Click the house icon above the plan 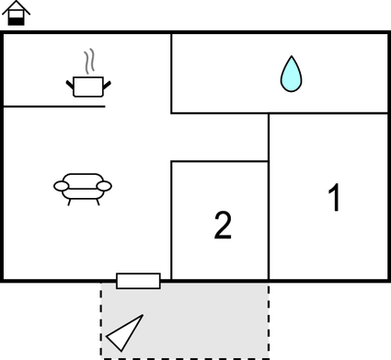coord(17,14)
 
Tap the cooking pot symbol coord(88,87)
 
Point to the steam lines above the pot coord(88,63)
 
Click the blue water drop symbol coord(291,75)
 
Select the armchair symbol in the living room coord(83,187)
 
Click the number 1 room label coord(335,198)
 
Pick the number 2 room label coord(223,226)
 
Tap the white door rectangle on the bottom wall coord(138,281)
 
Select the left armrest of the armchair coord(62,186)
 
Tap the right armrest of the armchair coord(104,186)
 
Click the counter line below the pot coord(55,106)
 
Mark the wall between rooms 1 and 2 coord(269,221)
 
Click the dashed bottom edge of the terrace coord(184,356)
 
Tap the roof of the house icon coord(17,7)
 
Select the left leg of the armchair coord(71,200)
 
